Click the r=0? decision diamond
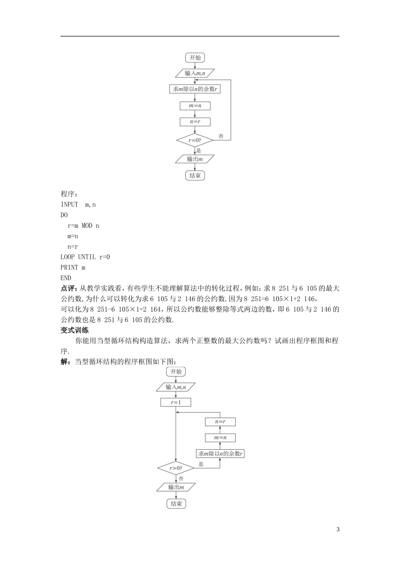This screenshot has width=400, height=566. click(195, 140)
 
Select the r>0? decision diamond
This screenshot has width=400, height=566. click(176, 468)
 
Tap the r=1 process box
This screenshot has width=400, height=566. click(176, 403)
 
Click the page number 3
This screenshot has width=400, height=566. click(338, 529)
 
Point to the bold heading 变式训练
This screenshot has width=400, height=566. click(75, 330)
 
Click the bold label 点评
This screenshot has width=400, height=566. click(68, 288)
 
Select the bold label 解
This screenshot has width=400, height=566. click(65, 361)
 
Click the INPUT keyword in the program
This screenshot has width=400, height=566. click(69, 205)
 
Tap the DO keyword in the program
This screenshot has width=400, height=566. click(64, 215)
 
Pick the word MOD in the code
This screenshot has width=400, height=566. click(87, 226)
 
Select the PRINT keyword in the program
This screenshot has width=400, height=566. click(69, 267)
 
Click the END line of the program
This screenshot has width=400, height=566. click(66, 278)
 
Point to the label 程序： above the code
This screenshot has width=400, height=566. click(69, 194)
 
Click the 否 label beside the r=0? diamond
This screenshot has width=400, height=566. click(221, 136)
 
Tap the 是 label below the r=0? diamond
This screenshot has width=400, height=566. click(199, 150)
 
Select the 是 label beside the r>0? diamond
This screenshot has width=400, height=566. click(201, 464)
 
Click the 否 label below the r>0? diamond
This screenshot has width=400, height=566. click(181, 479)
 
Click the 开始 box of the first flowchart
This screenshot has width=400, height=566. click(195, 58)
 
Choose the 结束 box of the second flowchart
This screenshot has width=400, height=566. click(176, 504)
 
